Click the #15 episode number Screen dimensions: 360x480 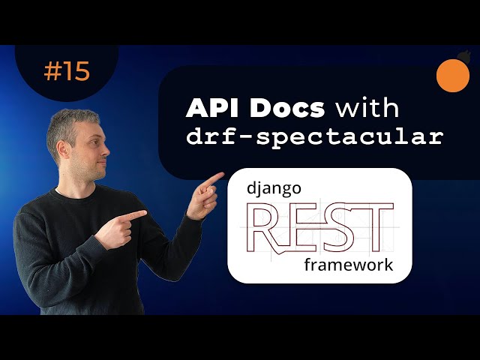(x=67, y=71)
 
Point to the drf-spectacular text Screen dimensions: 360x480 (x=315, y=137)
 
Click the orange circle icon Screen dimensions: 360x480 (x=452, y=76)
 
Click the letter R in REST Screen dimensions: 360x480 (x=266, y=227)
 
